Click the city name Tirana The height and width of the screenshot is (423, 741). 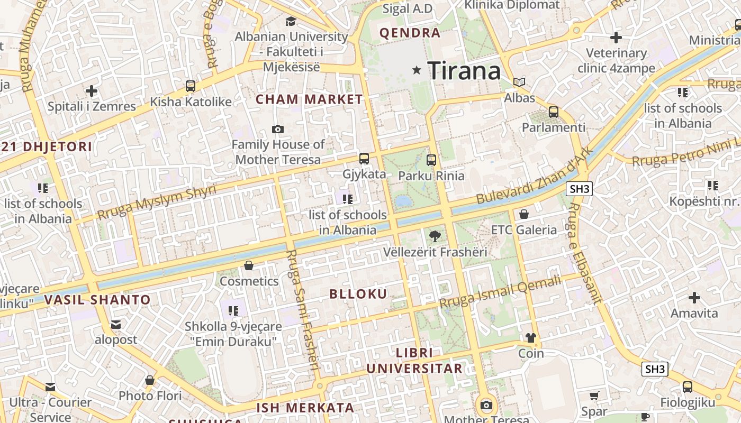464,70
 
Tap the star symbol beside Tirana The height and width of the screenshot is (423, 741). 417,70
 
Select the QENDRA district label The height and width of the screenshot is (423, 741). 410,33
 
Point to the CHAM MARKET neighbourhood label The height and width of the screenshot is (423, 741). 309,99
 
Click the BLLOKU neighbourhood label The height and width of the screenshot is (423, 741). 358,294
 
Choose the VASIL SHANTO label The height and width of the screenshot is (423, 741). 97,300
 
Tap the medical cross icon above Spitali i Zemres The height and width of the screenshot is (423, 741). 92,91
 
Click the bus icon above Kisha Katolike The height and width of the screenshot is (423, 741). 190,86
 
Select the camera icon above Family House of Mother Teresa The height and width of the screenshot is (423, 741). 277,129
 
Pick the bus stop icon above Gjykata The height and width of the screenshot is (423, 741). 364,158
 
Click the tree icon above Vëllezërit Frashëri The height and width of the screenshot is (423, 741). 435,236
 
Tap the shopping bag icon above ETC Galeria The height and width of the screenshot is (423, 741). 523,214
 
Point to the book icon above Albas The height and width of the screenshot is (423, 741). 519,82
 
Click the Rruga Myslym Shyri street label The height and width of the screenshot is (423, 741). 157,202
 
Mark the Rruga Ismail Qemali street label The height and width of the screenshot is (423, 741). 500,292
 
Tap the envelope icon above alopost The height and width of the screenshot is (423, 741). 115,324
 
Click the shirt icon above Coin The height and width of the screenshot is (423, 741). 530,337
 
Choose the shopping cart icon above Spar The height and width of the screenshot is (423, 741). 594,396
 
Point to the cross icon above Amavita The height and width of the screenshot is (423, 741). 694,297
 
